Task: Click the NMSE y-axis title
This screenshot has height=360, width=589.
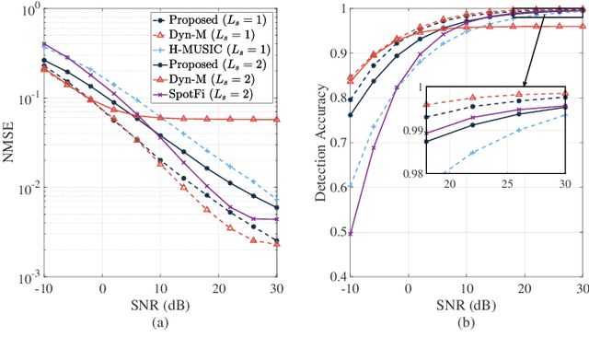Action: (x=8, y=142)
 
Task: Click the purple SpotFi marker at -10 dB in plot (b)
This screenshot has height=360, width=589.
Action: (x=351, y=233)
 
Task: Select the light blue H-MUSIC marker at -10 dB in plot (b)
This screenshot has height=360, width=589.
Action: (x=351, y=186)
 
